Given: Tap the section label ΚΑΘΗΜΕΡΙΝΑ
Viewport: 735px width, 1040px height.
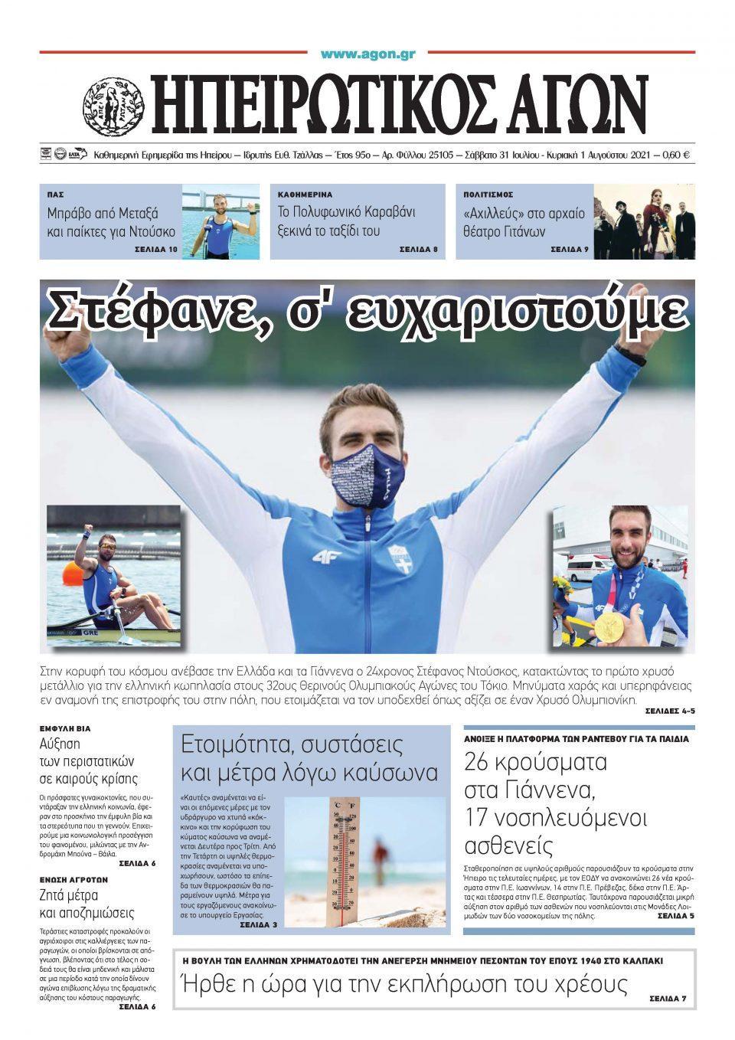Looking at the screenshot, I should point(305,195).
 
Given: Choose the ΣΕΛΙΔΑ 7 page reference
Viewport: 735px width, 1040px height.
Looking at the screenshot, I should point(668,999).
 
